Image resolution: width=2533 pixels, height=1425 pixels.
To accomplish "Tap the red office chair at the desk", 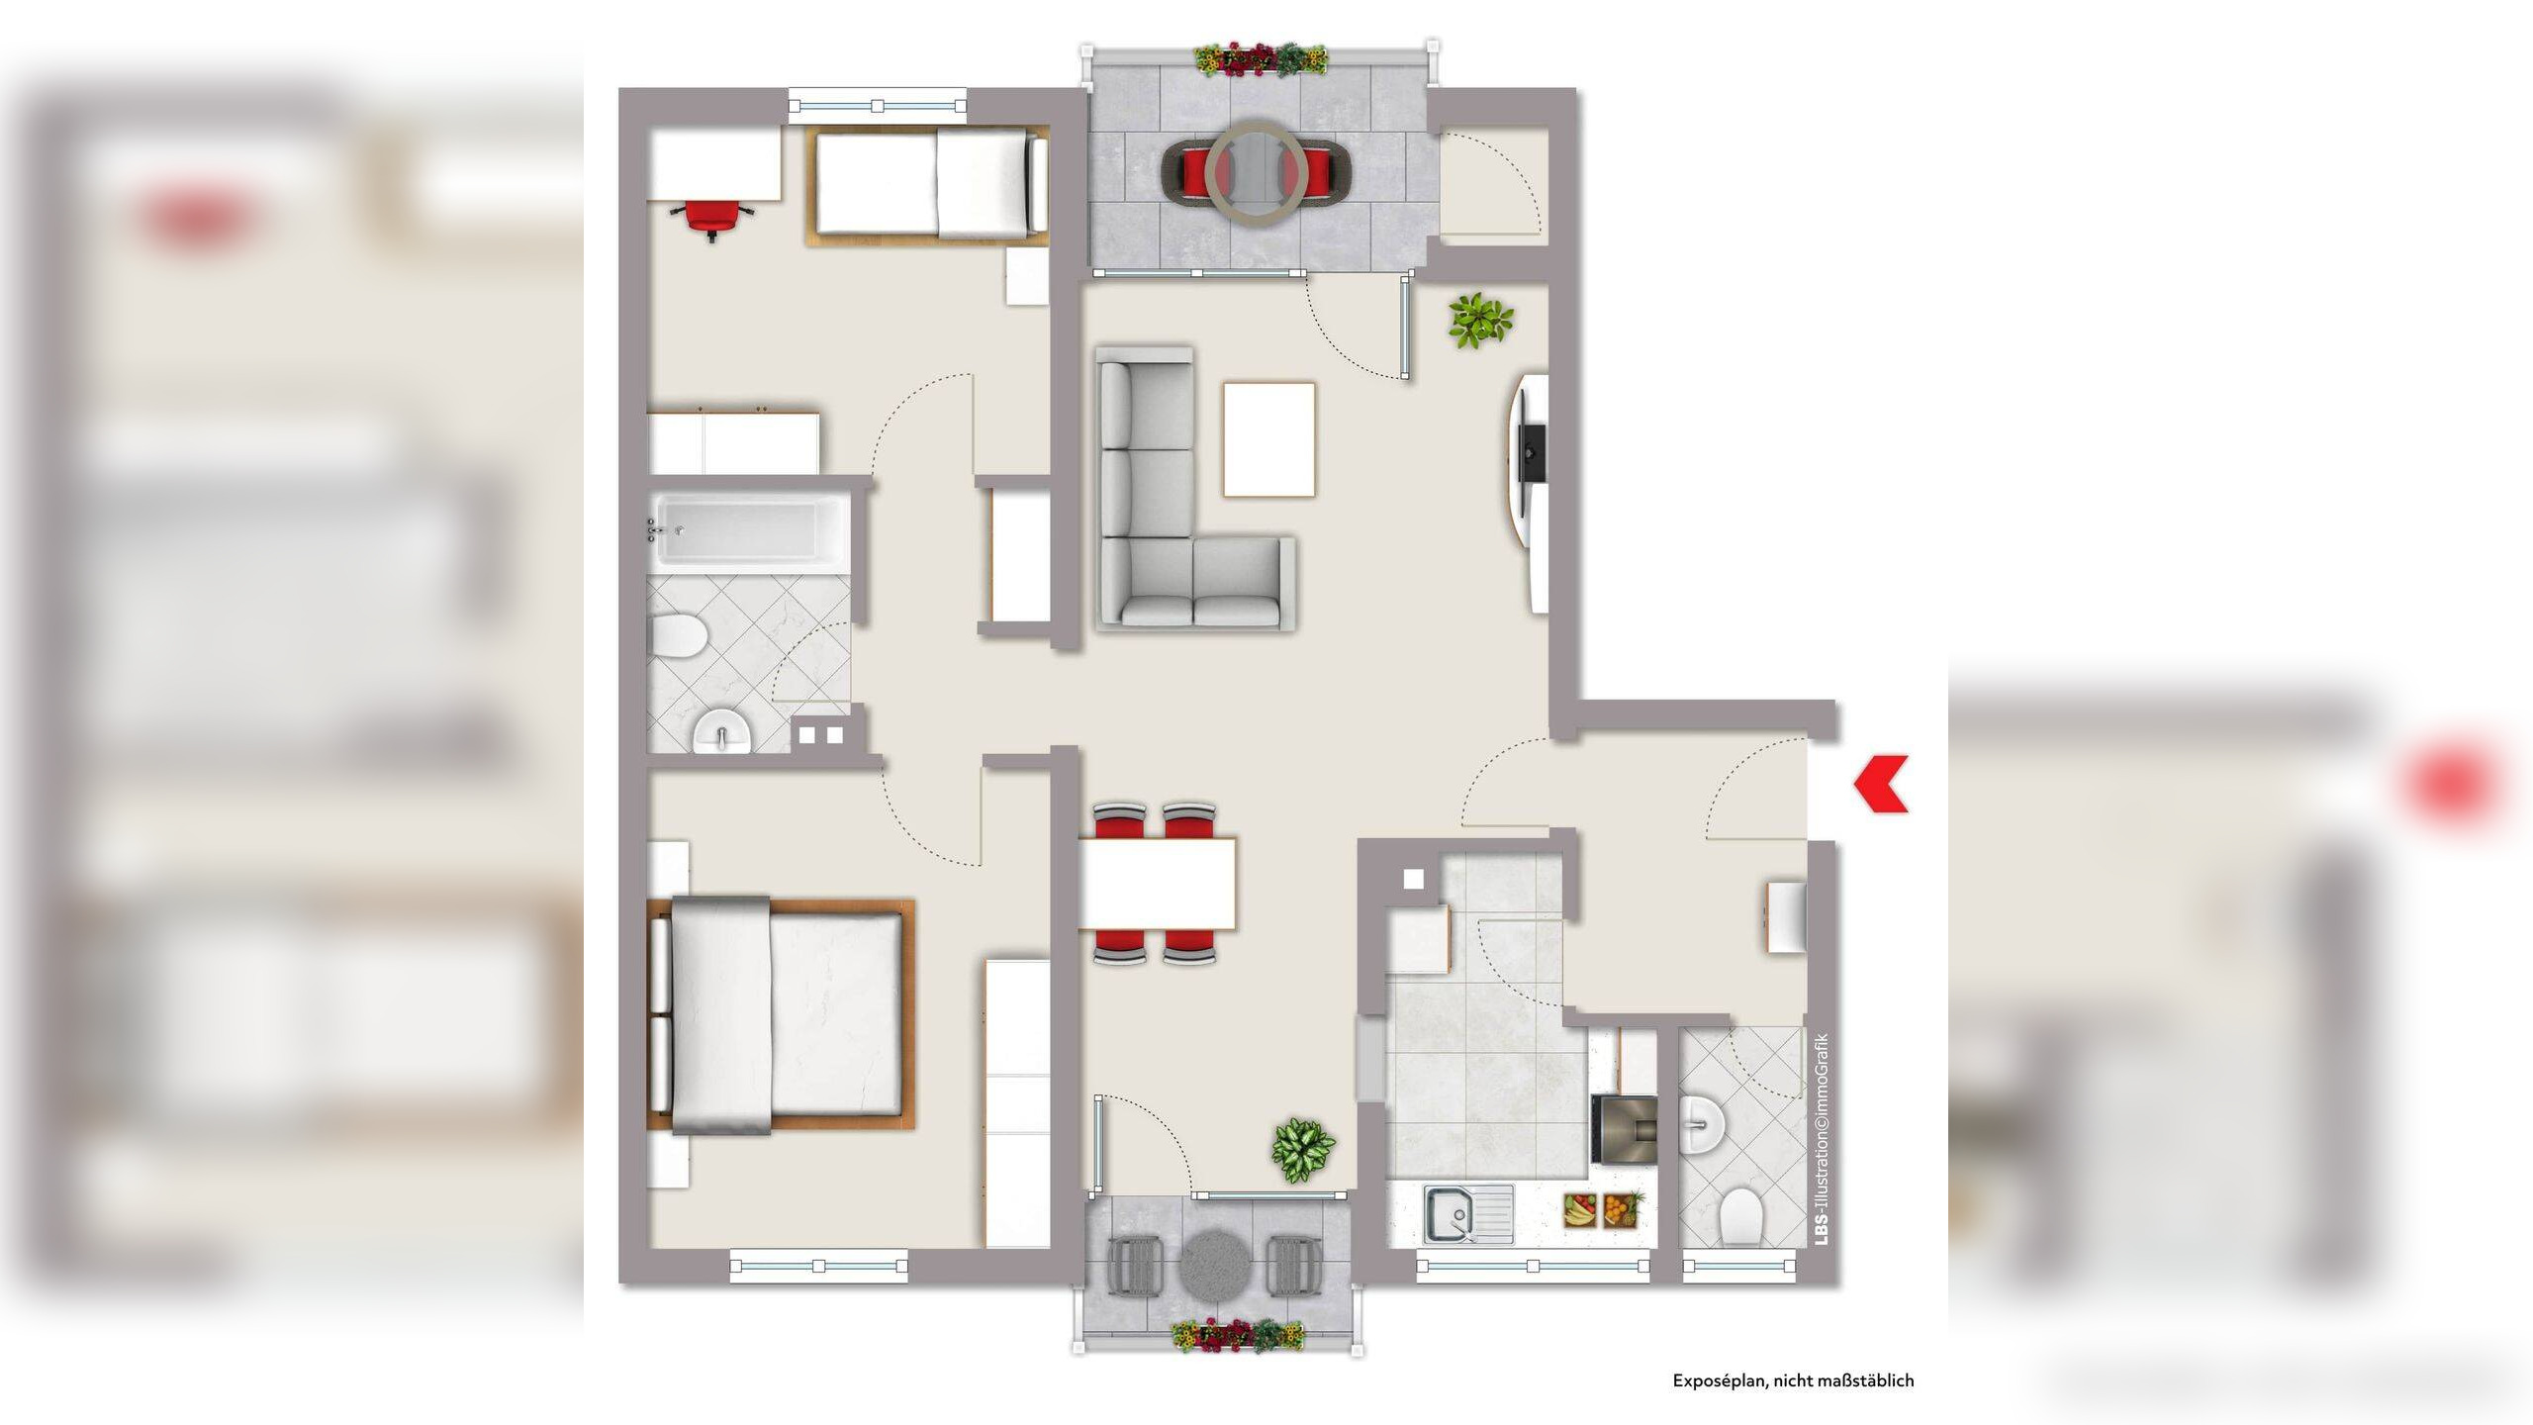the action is coord(710,219).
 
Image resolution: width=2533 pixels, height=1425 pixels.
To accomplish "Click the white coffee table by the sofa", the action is coord(1269,439).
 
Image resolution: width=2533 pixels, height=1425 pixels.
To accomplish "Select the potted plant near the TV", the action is coord(1480,320).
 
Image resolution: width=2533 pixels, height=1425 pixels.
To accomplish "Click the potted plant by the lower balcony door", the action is coord(1302,1150).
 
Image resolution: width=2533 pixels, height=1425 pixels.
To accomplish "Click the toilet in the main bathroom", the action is coord(677,634).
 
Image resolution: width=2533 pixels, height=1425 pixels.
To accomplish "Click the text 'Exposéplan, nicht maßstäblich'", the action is coord(1793,1380).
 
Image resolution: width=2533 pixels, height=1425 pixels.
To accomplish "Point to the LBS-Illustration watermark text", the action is coord(1822,1138).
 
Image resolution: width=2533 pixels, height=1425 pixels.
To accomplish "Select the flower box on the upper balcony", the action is coord(1261,59).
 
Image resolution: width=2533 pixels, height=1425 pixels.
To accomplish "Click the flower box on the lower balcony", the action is coord(1238,1335).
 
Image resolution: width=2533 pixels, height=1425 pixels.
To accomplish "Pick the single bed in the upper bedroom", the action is coord(928,185).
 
